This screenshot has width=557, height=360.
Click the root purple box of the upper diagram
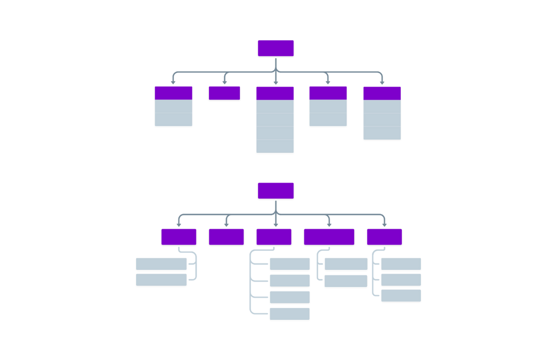(x=276, y=48)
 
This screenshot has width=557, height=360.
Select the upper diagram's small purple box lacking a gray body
(x=224, y=93)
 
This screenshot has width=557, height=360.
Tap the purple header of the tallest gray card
(x=275, y=93)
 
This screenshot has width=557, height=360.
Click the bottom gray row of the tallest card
(x=275, y=146)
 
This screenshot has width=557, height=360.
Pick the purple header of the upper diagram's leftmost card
(x=173, y=93)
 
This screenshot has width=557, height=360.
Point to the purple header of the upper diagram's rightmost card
(x=382, y=93)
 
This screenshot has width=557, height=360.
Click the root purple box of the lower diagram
(x=276, y=191)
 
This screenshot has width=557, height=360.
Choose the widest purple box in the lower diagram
(x=329, y=237)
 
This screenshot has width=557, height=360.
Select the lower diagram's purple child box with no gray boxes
(x=226, y=237)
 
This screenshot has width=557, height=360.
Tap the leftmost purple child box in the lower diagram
(x=179, y=237)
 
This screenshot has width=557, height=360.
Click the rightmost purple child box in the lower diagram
(x=384, y=237)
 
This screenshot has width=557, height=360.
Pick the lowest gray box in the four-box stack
(x=290, y=314)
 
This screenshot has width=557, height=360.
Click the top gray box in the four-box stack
(x=290, y=265)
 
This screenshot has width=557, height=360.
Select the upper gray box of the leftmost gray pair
(x=161, y=265)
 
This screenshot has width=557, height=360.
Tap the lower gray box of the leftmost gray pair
(x=161, y=280)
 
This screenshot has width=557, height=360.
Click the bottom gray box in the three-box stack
(x=401, y=296)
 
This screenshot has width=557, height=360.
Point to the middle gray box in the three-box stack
(x=401, y=280)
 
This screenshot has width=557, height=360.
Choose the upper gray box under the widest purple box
(x=346, y=265)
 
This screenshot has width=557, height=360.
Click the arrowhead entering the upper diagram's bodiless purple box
(x=224, y=83)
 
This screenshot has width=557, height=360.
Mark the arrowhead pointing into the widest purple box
(x=329, y=225)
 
